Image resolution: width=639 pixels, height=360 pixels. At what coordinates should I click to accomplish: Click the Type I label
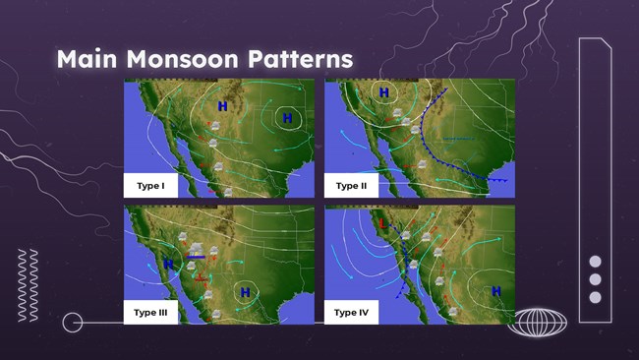point(149,185)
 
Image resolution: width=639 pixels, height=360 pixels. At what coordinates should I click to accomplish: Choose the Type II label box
point(351,185)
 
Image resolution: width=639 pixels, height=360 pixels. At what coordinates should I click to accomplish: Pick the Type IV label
point(352,313)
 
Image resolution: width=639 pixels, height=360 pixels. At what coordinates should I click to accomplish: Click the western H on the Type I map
point(222,105)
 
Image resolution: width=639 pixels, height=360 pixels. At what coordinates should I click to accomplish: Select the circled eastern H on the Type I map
point(288,118)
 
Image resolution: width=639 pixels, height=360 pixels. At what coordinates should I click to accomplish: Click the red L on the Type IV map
point(382,223)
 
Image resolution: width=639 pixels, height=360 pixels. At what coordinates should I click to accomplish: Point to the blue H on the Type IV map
point(495,290)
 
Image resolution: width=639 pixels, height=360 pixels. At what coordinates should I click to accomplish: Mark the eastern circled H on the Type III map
point(245,291)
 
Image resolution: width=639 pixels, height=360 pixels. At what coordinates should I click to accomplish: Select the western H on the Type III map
point(168,264)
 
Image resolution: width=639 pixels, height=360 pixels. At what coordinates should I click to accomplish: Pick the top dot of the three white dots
point(594,262)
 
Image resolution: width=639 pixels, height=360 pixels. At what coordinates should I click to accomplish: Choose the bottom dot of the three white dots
point(594,297)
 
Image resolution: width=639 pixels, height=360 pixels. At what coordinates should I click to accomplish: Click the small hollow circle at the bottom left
point(72,322)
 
